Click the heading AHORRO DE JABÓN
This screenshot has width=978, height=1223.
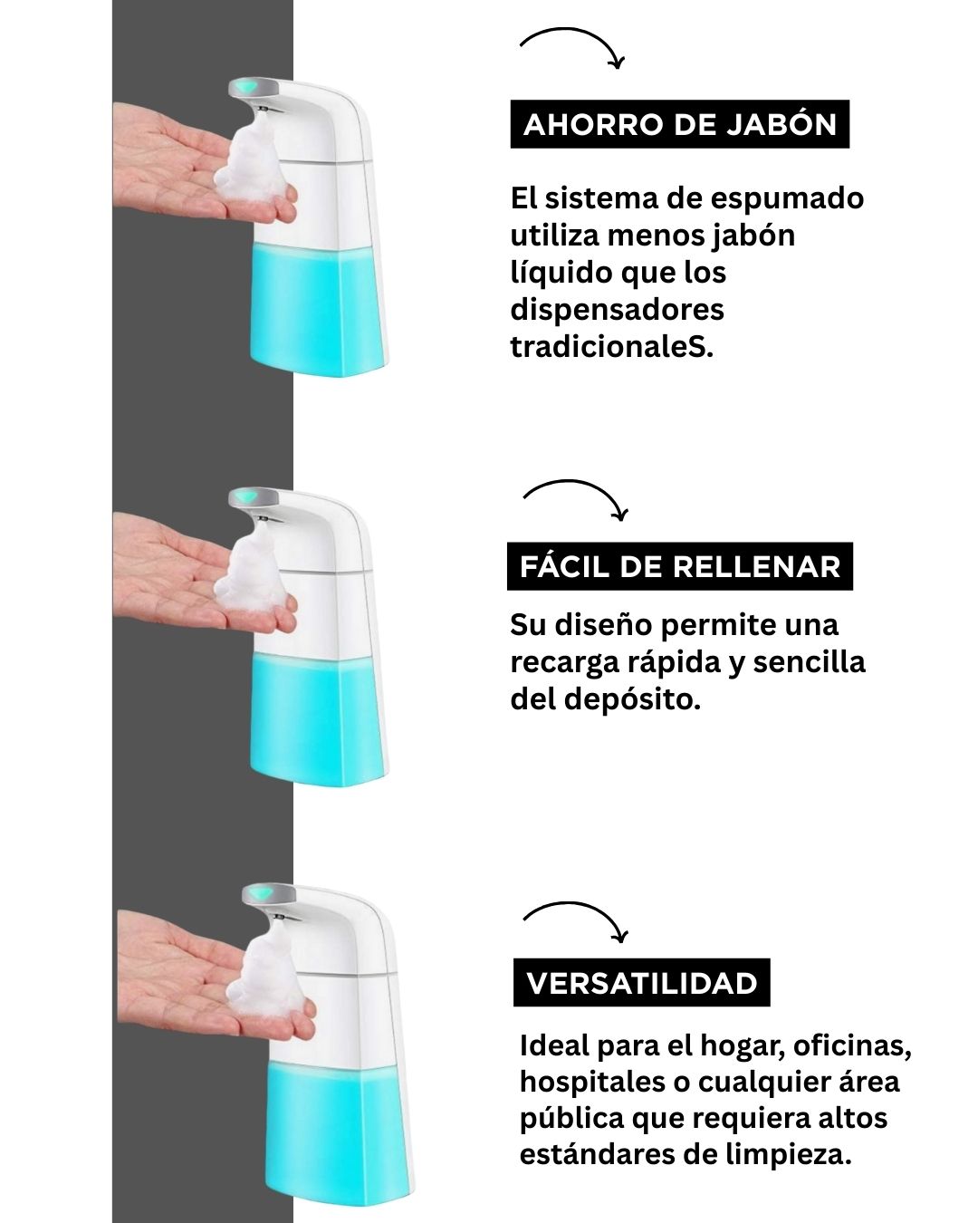click(x=680, y=124)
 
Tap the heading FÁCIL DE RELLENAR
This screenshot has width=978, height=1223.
click(x=680, y=566)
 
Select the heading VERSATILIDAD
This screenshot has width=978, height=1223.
click(x=641, y=983)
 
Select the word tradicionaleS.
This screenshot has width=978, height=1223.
click(x=611, y=347)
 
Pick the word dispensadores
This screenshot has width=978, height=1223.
click(x=618, y=311)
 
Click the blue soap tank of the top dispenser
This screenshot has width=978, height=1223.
click(x=318, y=310)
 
